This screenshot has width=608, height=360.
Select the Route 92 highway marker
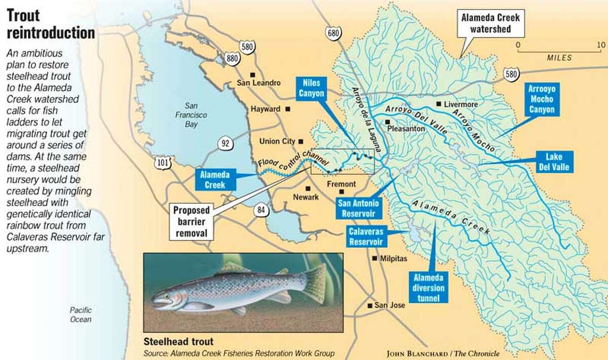coord(225,143)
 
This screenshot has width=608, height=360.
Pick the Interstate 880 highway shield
coord(233,59)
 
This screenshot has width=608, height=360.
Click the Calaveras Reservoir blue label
coord(365,236)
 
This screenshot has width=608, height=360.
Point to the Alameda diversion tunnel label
coord(429,288)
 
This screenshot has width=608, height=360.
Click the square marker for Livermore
coord(439,104)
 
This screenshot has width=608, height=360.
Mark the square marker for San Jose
coord(370,305)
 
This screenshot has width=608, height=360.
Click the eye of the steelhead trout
coord(166,295)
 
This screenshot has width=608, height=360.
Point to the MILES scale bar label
coord(559,58)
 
